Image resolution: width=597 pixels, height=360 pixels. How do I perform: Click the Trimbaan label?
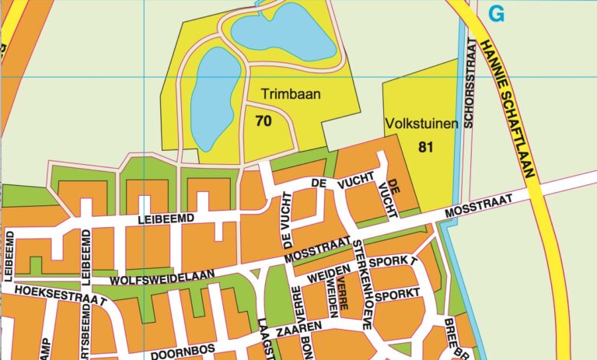click(x=291, y=93)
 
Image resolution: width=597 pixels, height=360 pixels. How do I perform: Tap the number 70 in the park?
click(x=263, y=121)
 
